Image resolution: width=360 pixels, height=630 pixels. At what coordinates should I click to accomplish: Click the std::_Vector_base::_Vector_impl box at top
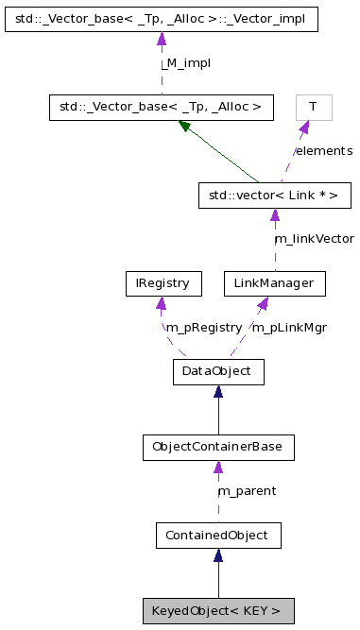(x=161, y=18)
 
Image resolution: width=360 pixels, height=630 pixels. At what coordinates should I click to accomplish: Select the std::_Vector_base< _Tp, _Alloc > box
(x=161, y=107)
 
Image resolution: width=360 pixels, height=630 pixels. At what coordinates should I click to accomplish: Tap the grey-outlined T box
(x=313, y=107)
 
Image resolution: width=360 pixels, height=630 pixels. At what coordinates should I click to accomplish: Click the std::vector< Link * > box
(x=275, y=196)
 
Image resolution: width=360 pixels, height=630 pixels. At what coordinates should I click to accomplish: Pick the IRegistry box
(x=163, y=283)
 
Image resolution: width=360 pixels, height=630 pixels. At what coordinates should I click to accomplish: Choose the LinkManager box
(x=275, y=283)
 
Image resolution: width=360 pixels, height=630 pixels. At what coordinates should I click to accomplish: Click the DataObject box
(x=217, y=371)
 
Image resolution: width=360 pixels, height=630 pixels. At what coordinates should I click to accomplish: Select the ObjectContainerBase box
(x=217, y=447)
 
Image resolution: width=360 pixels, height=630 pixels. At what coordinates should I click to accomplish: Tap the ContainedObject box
(x=217, y=536)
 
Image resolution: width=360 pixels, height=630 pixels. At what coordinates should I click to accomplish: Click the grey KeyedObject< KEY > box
(x=217, y=610)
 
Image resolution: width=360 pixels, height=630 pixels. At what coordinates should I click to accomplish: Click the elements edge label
(x=323, y=151)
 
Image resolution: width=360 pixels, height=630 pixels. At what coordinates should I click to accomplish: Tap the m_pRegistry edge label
(x=203, y=328)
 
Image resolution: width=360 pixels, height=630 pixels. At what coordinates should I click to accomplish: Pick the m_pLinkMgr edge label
(x=288, y=328)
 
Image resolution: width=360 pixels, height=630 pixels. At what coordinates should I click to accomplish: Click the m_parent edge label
(x=247, y=491)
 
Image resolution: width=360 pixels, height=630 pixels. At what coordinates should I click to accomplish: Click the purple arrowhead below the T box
(x=304, y=127)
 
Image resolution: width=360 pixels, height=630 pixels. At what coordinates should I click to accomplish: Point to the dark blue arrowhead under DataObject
(x=217, y=391)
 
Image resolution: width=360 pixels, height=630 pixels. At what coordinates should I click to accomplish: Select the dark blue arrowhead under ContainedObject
(x=217, y=555)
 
